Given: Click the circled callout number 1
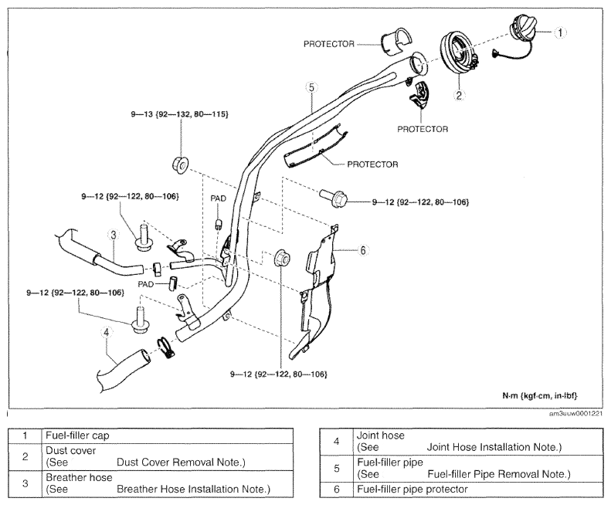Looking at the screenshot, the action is point(560,32).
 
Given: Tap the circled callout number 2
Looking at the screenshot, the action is point(459,95).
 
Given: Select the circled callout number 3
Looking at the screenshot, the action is point(114,235).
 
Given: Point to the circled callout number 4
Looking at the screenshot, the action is point(106,332).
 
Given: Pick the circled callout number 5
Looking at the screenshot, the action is point(311,87).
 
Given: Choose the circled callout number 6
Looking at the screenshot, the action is point(363,249).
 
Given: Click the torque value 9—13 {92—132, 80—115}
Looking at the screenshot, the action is point(180,114).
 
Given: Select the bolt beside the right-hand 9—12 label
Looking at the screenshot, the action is point(332,198).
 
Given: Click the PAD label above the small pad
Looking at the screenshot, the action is point(218,198).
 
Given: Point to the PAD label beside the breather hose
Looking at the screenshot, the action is point(146,284).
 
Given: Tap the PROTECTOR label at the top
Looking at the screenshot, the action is point(329,44).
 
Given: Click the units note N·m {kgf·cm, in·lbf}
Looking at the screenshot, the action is point(540,396).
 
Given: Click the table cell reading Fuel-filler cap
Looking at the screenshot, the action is point(77,436).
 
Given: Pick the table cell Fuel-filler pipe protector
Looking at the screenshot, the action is point(412,489).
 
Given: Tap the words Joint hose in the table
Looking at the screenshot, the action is point(381,436).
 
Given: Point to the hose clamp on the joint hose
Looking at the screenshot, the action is point(165,348).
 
